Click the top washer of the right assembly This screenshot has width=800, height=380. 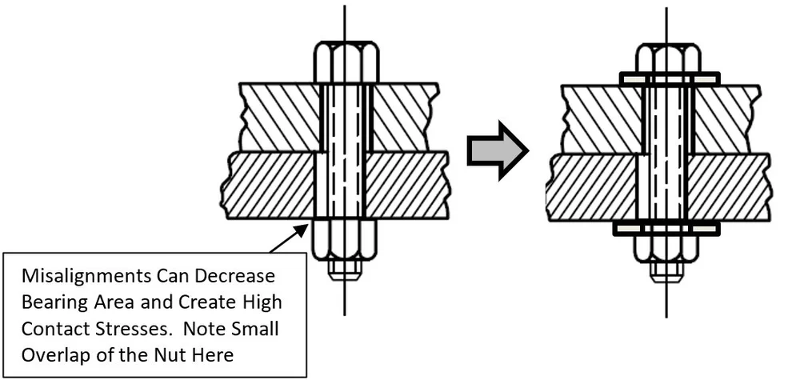click(669, 78)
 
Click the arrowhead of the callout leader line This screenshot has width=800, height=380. click(306, 227)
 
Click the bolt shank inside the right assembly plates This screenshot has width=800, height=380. click(666, 152)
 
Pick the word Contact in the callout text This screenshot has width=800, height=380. click(55, 329)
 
